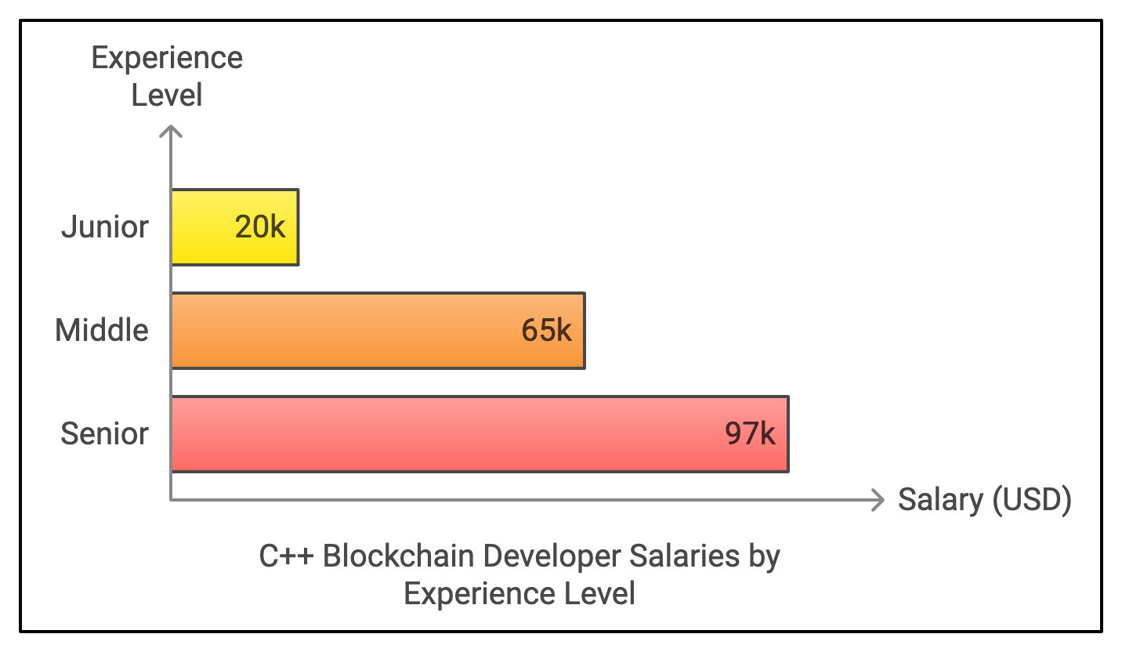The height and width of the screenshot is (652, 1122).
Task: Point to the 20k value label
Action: [x=261, y=227]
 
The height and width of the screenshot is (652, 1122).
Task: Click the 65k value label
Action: [x=547, y=331]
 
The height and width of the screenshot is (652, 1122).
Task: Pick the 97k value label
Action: [x=751, y=434]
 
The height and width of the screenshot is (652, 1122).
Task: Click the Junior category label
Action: [x=105, y=227]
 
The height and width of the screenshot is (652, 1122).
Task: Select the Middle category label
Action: [x=102, y=331]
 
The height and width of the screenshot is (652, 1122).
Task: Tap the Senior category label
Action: [x=104, y=434]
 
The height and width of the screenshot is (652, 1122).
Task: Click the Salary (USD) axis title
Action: [x=984, y=500]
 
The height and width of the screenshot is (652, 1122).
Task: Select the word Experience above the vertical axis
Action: [x=167, y=59]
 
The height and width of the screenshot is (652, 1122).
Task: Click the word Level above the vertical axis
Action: [x=167, y=96]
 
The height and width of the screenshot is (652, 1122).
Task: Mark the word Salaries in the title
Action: [x=684, y=557]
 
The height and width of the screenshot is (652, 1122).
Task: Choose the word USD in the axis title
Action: [x=1032, y=500]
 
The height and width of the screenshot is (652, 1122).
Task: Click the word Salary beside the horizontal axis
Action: [x=940, y=500]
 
